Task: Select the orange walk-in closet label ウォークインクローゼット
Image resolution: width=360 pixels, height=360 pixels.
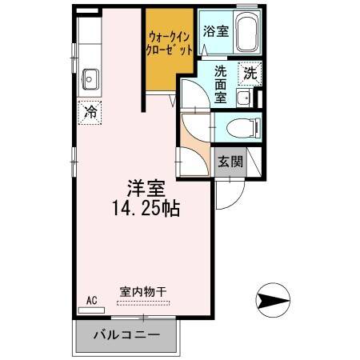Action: pos(170,42)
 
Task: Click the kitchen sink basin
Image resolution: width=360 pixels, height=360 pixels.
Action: pos(90,79)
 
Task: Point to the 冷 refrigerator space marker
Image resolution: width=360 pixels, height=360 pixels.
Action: pos(92,112)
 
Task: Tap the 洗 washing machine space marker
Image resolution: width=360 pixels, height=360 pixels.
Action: pos(250,73)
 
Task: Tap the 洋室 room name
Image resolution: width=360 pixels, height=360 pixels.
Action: pos(145,189)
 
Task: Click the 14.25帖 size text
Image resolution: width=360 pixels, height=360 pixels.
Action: pos(146,210)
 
